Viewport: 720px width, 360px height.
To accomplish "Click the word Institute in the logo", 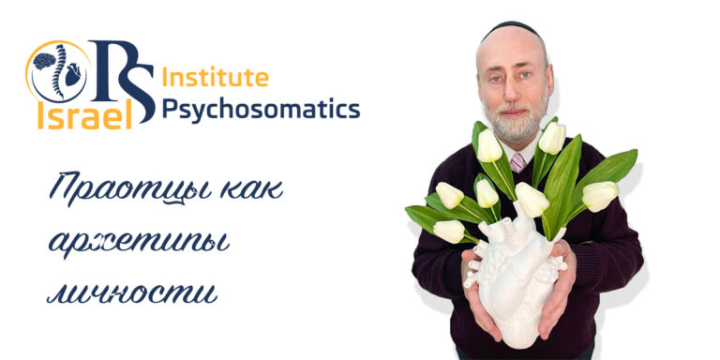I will [215, 76].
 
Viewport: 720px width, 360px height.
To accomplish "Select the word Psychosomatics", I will [260, 110].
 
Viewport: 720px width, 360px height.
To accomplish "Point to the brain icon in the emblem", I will [44, 62].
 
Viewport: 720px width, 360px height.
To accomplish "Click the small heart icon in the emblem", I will [72, 76].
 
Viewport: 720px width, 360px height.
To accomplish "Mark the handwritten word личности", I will [131, 292].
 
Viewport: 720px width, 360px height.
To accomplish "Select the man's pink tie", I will [517, 161].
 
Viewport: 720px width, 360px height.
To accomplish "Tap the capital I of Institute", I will [166, 76].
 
